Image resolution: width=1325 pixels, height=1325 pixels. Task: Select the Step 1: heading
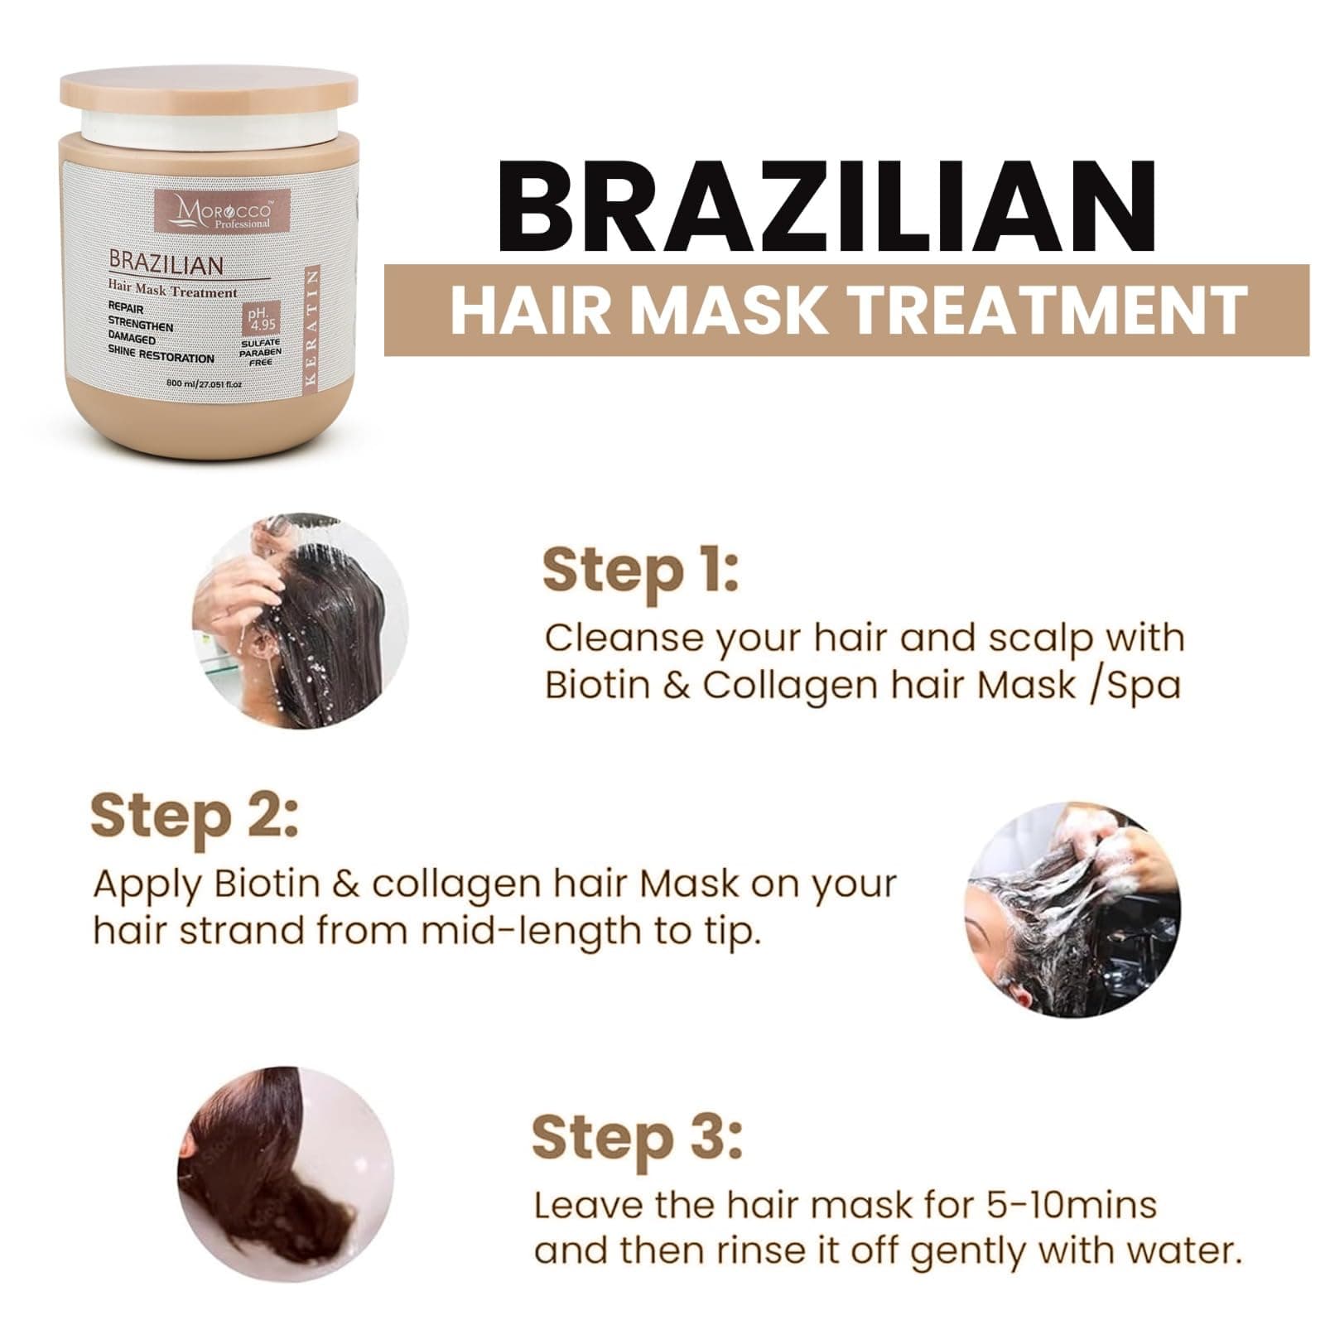coord(639,571)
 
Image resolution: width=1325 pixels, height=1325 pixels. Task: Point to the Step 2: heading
coord(194,817)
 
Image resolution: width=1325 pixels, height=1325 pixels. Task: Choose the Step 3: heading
coord(637,1139)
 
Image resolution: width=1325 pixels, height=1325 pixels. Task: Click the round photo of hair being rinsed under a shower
coord(301,622)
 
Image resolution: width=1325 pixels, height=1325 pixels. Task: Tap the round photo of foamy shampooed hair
coord(1073,909)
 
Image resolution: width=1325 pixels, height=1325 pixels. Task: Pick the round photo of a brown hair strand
coord(286,1174)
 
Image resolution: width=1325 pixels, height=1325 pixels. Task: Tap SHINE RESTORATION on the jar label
coord(161,358)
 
